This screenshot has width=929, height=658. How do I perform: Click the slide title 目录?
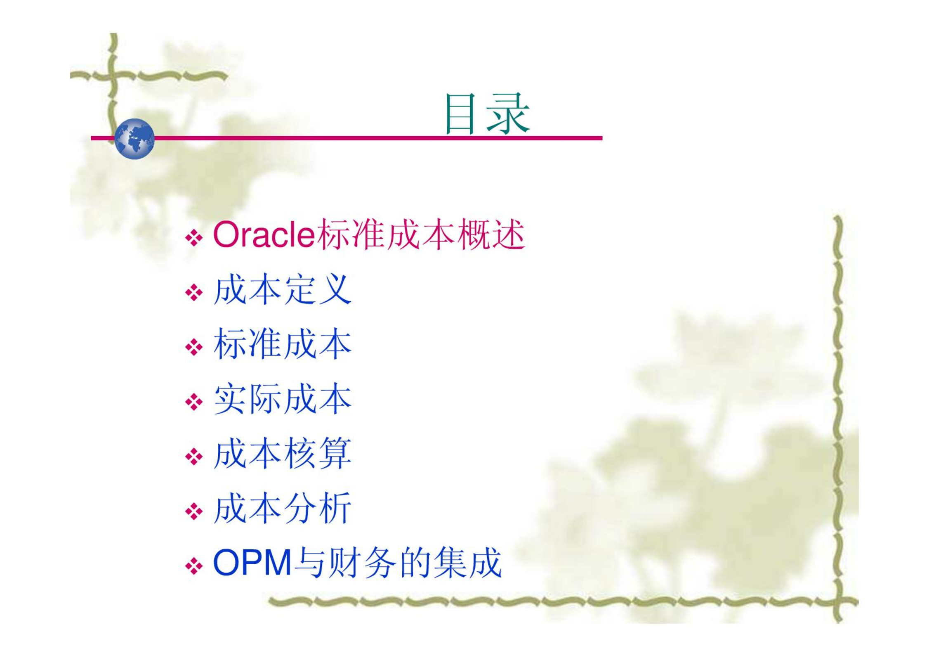(x=487, y=114)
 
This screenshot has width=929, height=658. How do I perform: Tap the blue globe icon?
(x=134, y=139)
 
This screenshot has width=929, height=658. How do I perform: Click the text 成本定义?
(x=283, y=289)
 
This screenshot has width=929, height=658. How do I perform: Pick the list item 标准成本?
(x=283, y=344)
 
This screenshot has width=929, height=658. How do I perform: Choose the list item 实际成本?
(x=283, y=399)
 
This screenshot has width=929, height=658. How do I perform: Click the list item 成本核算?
(x=283, y=454)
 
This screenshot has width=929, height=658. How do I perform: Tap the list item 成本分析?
(x=283, y=508)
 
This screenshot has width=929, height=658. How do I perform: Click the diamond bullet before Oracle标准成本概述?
(x=194, y=238)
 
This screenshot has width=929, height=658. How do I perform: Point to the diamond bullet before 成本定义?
(x=194, y=293)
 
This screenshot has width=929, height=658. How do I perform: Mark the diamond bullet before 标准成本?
(x=194, y=347)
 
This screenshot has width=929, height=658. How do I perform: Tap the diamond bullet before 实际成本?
(x=194, y=402)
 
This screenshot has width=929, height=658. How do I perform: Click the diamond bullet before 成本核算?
(x=194, y=457)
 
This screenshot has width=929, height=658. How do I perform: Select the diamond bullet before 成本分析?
(x=194, y=511)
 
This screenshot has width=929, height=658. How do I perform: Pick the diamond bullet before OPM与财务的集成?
(x=194, y=566)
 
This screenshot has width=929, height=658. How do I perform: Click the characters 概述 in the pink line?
(x=492, y=235)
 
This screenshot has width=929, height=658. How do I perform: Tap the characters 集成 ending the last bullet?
(x=468, y=562)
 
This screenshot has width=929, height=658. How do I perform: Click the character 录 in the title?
(x=508, y=114)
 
